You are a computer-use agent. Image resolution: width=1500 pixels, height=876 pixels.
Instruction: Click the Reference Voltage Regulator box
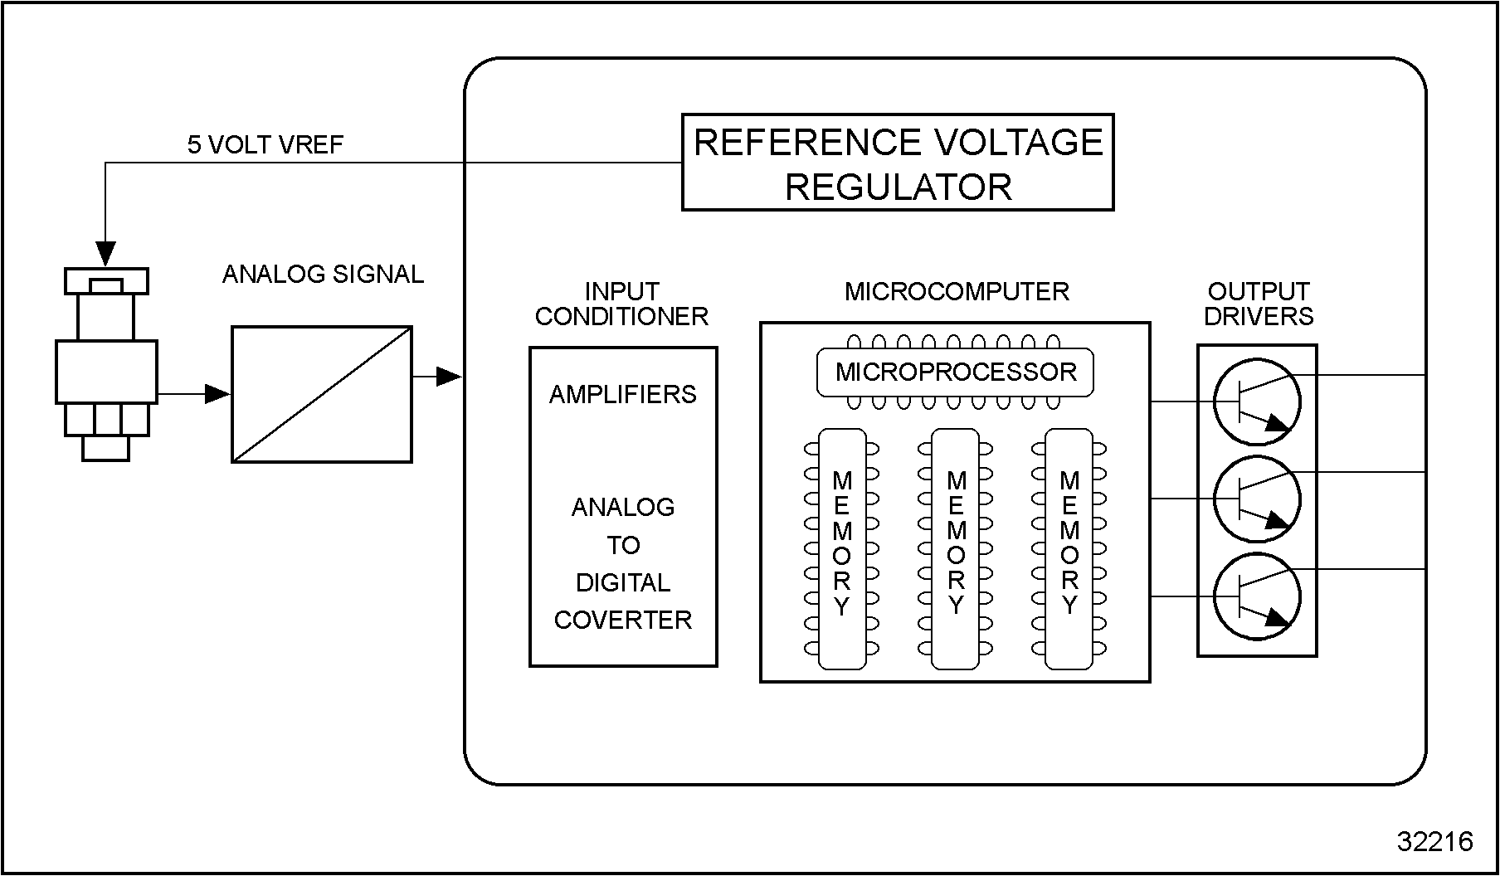897,163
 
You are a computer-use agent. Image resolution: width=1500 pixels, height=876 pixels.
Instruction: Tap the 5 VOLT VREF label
265,145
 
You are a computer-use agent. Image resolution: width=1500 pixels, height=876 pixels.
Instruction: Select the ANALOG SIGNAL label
323,275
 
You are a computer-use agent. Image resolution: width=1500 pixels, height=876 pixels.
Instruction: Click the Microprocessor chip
955,372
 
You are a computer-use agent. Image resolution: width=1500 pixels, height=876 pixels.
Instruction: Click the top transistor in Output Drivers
1257,402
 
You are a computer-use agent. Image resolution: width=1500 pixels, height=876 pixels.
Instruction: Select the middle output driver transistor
1257,499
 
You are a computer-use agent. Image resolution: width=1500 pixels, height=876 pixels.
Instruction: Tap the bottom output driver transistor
1257,596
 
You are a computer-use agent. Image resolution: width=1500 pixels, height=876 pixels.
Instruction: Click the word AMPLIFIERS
623,394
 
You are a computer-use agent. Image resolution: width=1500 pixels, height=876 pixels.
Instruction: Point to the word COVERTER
623,620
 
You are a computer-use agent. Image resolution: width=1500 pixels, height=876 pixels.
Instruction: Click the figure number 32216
1434,842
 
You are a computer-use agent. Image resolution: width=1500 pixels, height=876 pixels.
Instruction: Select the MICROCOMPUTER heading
957,292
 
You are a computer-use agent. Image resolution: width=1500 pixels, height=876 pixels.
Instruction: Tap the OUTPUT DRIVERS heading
1258,304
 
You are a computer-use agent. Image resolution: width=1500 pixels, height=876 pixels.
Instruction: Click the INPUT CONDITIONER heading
621,304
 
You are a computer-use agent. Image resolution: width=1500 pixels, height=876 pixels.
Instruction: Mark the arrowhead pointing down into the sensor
106,253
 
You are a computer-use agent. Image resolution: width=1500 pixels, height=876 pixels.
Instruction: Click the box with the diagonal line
322,394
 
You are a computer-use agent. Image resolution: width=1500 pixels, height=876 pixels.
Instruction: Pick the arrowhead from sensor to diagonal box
218,394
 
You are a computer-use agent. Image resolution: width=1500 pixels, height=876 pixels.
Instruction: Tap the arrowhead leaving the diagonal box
449,377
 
